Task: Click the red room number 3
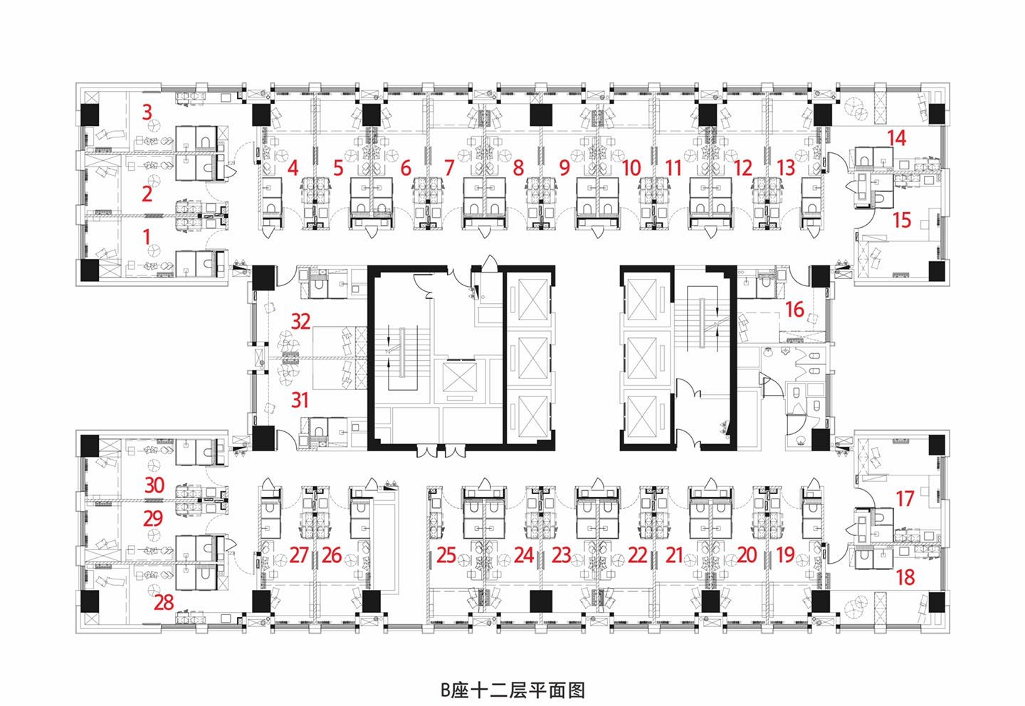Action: tap(147, 112)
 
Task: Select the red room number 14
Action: tap(897, 137)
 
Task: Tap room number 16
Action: tap(794, 310)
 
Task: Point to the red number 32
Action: tap(300, 321)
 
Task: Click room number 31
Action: tap(300, 399)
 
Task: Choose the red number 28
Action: tap(164, 602)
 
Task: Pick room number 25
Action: tap(446, 555)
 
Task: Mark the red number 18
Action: tap(905, 576)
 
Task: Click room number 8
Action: tap(518, 168)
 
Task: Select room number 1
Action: tap(147, 236)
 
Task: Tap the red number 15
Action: tap(902, 220)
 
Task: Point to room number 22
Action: tap(637, 555)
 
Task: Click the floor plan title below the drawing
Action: tap(512, 690)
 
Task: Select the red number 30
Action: tap(154, 485)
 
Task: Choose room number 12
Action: tap(743, 168)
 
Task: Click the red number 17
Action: tap(904, 498)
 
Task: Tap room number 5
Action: tap(338, 168)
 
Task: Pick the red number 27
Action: tap(298, 555)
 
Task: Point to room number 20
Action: tap(747, 555)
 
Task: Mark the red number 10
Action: tap(631, 168)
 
